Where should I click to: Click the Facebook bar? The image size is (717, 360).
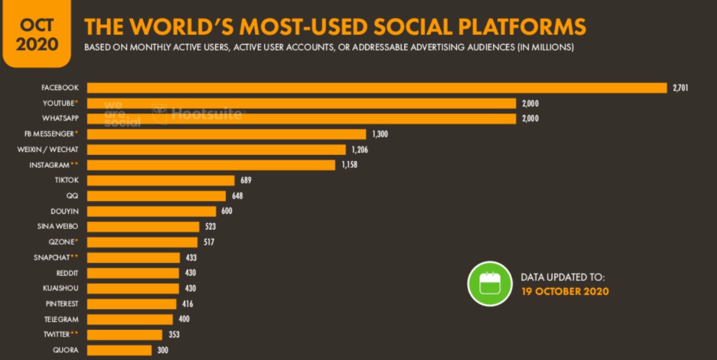[x=376, y=88]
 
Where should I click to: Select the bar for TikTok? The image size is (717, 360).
[x=161, y=180]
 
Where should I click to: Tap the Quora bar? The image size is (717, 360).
[x=119, y=350]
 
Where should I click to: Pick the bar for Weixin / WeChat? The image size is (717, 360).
[x=216, y=150]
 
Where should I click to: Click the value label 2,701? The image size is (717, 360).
[x=680, y=88]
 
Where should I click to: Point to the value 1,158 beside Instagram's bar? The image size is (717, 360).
[x=349, y=165]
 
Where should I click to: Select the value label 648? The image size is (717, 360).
[x=237, y=196]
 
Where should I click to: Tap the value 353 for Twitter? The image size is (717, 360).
[x=174, y=335]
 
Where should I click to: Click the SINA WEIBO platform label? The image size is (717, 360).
[x=58, y=227]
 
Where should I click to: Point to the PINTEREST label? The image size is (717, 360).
[x=62, y=304]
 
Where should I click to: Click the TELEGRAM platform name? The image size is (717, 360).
[x=61, y=319]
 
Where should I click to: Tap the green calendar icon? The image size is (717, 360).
[x=490, y=284]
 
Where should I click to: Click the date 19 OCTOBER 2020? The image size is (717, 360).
[x=565, y=291]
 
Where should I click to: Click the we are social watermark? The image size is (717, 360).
[x=122, y=113]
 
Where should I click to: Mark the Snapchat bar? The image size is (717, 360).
[x=133, y=258]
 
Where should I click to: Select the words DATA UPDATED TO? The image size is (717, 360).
[x=563, y=277]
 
